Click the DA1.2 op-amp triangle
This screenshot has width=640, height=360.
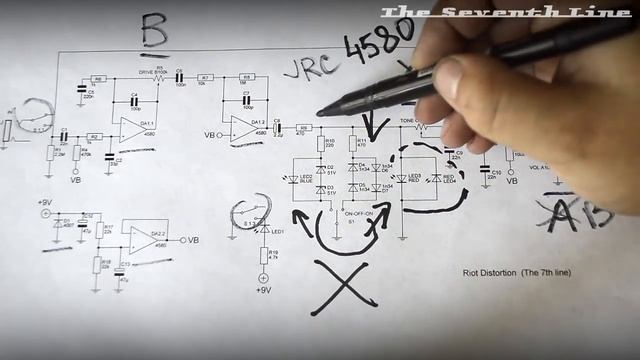click(243, 128)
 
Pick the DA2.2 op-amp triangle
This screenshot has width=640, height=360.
click(143, 240)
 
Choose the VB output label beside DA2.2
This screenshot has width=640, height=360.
click(192, 241)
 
